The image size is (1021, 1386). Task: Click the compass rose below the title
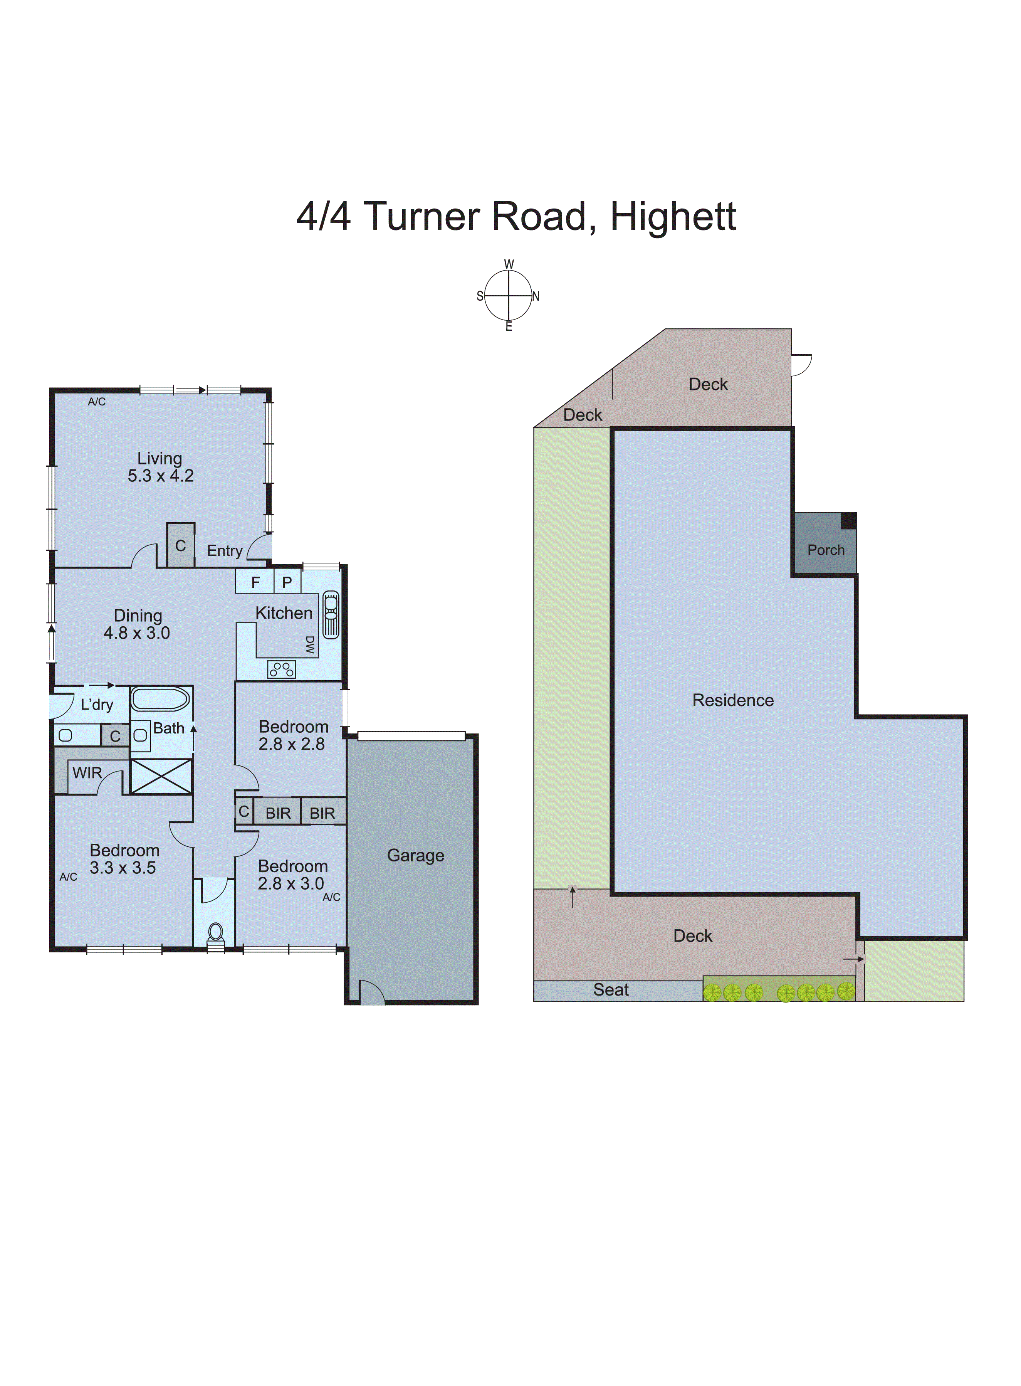pyautogui.click(x=508, y=296)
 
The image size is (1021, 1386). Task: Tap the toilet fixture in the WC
pyautogui.click(x=215, y=933)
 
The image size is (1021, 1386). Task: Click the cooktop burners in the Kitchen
pyautogui.click(x=281, y=669)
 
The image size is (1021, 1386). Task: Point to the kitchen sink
pyautogui.click(x=331, y=614)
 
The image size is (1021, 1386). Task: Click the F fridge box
pyautogui.click(x=255, y=582)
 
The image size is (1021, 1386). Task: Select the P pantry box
pyautogui.click(x=287, y=582)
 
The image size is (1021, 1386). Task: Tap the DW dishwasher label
pyautogui.click(x=310, y=645)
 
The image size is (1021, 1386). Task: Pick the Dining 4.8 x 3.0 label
pyautogui.click(x=137, y=624)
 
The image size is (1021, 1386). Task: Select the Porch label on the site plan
pyautogui.click(x=826, y=550)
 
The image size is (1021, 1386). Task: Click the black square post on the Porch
pyautogui.click(x=848, y=521)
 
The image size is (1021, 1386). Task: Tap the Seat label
pyautogui.click(x=611, y=990)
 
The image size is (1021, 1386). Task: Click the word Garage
pyautogui.click(x=415, y=856)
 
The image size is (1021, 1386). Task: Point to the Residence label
pyautogui.click(x=733, y=700)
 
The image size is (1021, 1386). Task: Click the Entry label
pyautogui.click(x=224, y=551)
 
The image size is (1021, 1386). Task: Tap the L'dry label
pyautogui.click(x=97, y=705)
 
